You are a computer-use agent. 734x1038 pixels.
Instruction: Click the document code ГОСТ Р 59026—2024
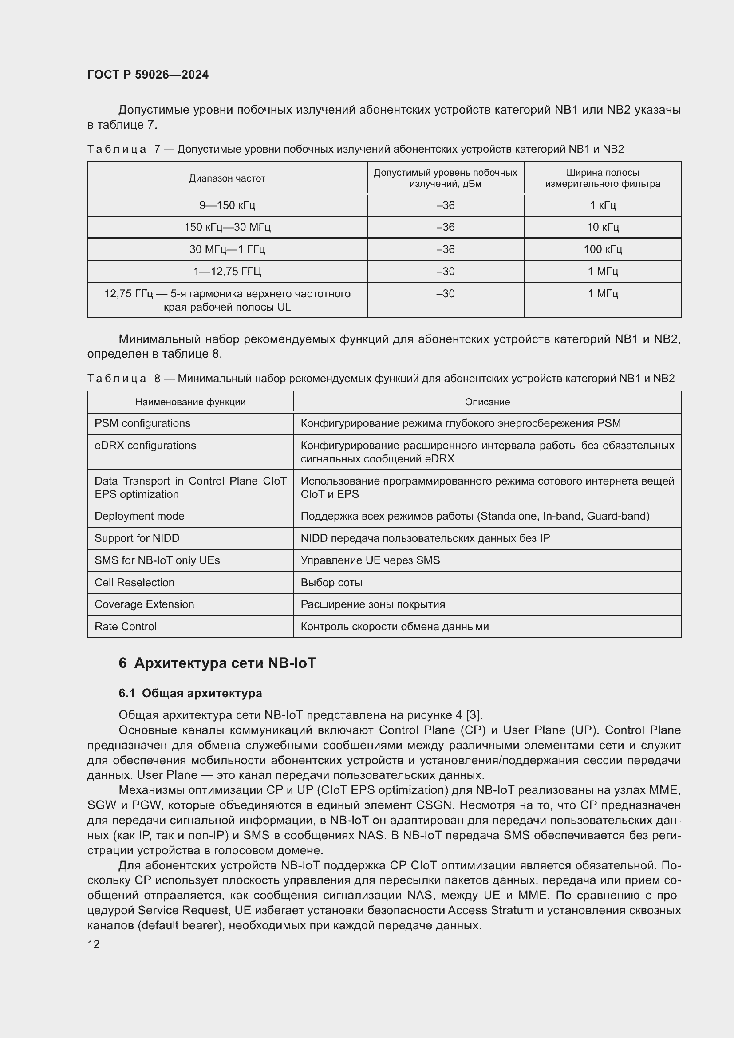[x=148, y=75]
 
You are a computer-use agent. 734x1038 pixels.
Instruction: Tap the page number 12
[x=94, y=944]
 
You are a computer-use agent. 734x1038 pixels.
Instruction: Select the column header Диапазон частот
[x=227, y=178]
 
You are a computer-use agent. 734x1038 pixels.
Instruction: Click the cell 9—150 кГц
[x=227, y=205]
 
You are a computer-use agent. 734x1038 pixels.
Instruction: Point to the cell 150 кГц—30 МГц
[x=227, y=227]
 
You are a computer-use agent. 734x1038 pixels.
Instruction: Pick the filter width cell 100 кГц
[x=603, y=249]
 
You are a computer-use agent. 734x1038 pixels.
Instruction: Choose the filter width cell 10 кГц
[x=603, y=227]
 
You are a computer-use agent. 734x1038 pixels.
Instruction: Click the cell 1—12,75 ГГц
[x=227, y=271]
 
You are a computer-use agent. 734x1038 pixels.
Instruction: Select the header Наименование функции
[x=190, y=402]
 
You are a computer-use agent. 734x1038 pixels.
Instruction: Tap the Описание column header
[x=487, y=402]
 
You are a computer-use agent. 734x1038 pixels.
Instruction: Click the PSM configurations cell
[x=142, y=423]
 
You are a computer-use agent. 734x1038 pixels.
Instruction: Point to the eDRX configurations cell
[x=145, y=445]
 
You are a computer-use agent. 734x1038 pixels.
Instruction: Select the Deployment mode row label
[x=139, y=516]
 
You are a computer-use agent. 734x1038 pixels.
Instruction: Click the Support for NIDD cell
[x=137, y=538]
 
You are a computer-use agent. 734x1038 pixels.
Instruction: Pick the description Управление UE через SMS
[x=370, y=560]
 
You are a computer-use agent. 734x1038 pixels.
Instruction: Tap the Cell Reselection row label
[x=134, y=582]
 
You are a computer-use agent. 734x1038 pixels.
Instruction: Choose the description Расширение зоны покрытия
[x=372, y=604]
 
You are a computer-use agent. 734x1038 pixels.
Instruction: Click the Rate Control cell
[x=125, y=626]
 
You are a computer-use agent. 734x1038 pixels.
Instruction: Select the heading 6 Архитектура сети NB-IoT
[x=217, y=663]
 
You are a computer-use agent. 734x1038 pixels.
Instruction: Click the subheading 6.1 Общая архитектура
[x=190, y=693]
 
